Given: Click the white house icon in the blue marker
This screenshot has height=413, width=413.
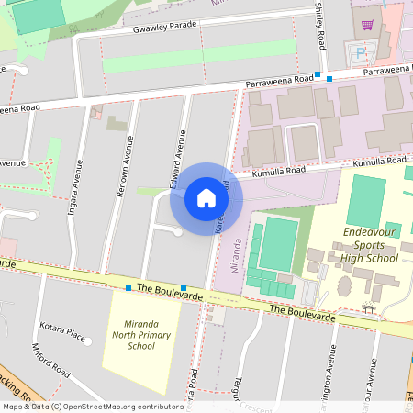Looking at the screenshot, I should pyautogui.click(x=206, y=198).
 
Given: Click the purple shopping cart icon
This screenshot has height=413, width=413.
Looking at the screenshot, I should pyautogui.click(x=368, y=25).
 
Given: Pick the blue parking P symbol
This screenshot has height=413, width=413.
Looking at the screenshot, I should pyautogui.click(x=359, y=53).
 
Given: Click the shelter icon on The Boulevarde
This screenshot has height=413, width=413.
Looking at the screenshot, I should pyautogui.click(x=368, y=308).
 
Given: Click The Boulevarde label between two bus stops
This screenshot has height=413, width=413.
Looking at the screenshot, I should pyautogui.click(x=156, y=288).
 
